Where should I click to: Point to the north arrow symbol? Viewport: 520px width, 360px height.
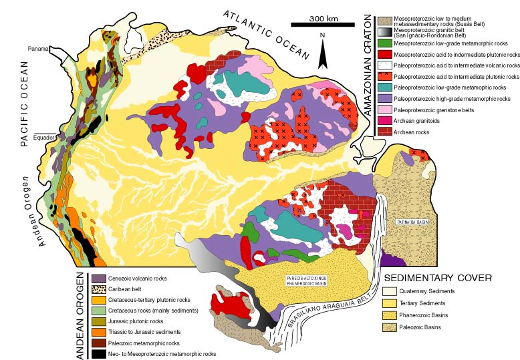click(322, 53)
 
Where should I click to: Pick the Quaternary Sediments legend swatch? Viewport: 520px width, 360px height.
click(389, 291)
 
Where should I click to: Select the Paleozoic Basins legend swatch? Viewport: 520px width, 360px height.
click(389, 327)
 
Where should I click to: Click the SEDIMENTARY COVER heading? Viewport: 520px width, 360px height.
click(437, 277)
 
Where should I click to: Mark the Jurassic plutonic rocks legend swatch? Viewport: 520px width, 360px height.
click(99, 321)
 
